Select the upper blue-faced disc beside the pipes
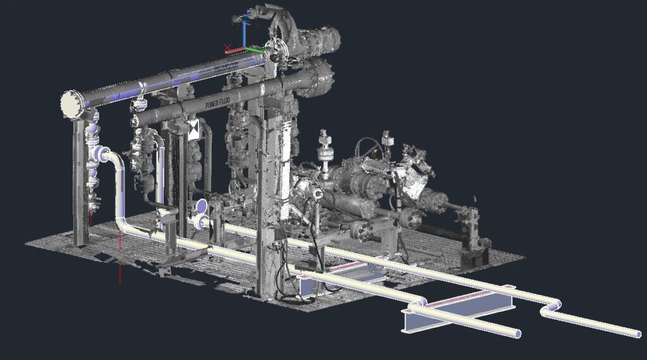click(202, 207)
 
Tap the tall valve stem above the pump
click(326, 148)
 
